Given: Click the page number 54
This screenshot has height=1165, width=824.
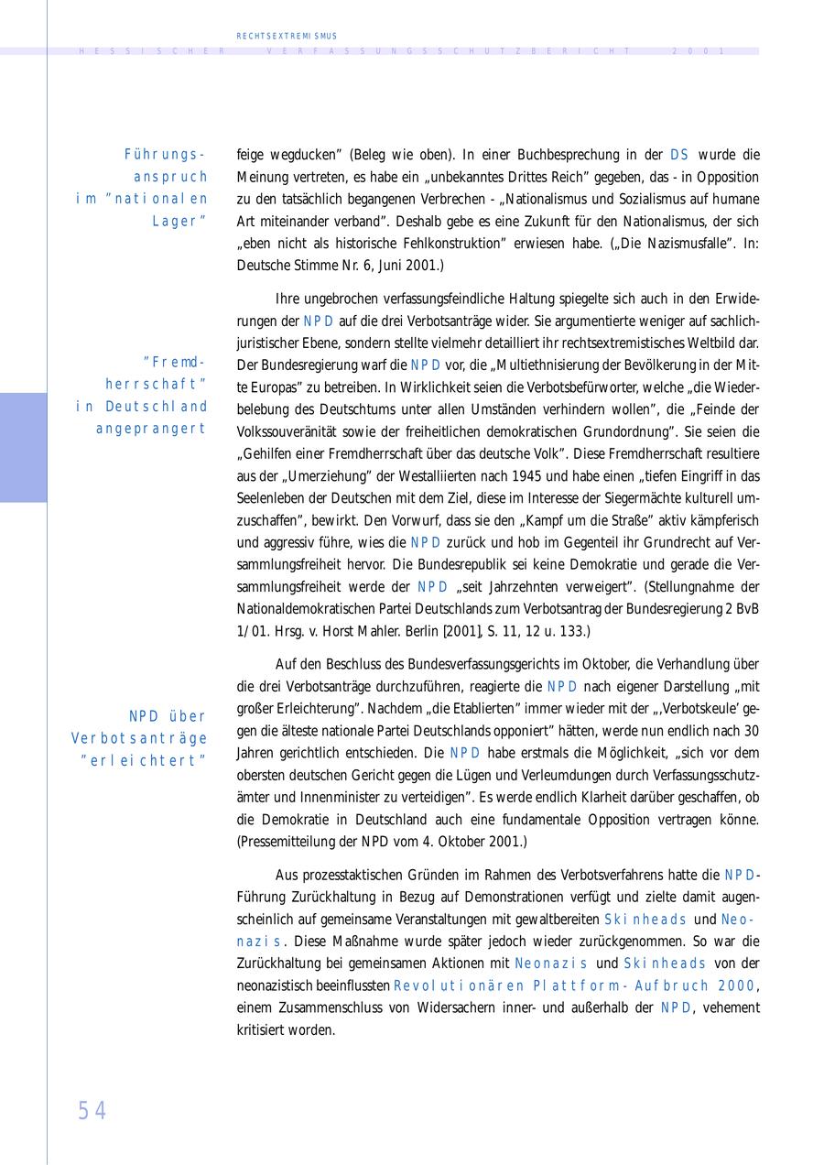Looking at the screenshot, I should [x=92, y=1110].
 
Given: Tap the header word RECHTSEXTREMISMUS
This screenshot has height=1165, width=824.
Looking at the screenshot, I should [x=287, y=36].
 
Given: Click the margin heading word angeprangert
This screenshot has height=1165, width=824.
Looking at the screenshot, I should [x=151, y=429].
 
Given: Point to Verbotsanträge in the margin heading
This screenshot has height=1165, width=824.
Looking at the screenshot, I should [x=139, y=738].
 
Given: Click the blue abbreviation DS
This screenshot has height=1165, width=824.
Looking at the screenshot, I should [x=679, y=155].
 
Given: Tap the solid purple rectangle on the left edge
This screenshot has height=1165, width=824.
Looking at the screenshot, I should [x=23, y=447].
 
